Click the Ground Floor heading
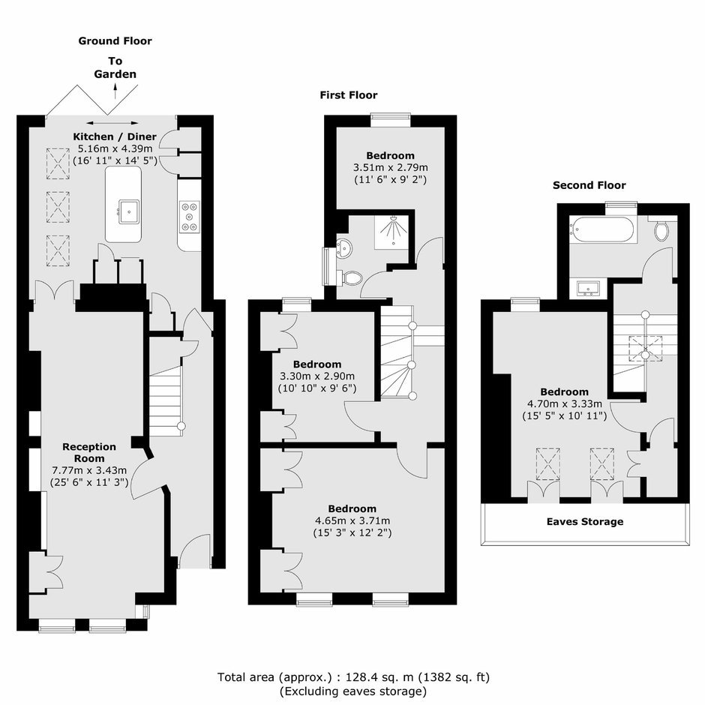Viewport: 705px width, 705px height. point(115,41)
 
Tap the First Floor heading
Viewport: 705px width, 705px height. point(349,94)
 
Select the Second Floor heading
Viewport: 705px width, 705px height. point(589,185)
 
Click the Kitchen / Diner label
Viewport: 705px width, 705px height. point(115,136)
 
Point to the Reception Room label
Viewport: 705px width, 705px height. point(89,452)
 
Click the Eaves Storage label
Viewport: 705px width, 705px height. point(585,521)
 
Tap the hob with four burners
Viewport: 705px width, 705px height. point(189,217)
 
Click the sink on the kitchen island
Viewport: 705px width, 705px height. point(129,211)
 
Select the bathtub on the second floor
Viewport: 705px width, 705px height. point(602,229)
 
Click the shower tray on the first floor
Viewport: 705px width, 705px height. point(392,232)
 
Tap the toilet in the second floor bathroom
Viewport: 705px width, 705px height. point(661,229)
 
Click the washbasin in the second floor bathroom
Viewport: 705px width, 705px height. point(588,288)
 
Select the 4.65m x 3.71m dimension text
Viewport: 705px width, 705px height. point(352,520)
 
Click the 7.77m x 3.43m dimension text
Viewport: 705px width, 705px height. point(89,470)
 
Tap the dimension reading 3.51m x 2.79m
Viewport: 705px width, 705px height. point(390,168)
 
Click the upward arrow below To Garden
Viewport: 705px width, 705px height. point(115,91)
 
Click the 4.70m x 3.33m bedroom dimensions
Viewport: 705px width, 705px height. point(564,403)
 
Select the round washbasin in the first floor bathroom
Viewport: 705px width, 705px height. point(344,248)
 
